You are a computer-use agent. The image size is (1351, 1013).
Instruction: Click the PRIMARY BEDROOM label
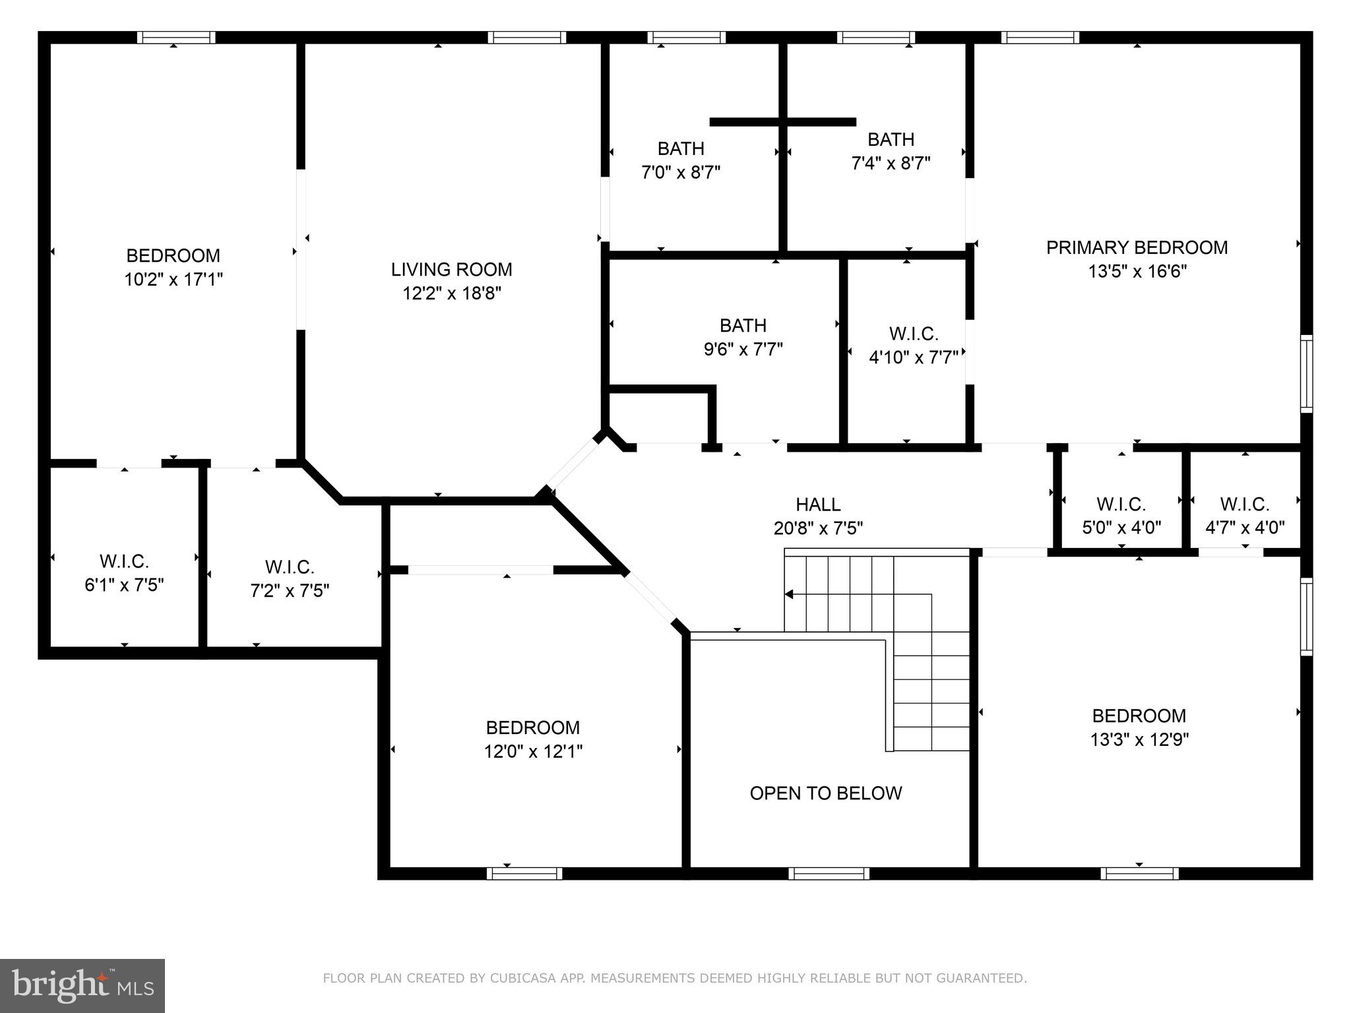1137,248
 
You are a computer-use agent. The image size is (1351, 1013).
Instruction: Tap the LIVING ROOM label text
451,270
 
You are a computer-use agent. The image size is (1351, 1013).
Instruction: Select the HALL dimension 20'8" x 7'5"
818,528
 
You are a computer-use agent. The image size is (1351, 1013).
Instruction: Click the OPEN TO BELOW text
825,793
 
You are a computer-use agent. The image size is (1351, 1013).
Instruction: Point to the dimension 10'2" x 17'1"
173,280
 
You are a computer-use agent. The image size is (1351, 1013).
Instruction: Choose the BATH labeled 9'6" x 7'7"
743,326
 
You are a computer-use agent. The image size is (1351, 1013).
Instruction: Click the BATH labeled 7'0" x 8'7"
681,149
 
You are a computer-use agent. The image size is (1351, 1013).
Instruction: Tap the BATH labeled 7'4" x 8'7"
891,140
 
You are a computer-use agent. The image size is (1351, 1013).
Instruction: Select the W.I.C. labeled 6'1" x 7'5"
124,562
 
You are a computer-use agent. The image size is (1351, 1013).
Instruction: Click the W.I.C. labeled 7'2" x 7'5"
290,567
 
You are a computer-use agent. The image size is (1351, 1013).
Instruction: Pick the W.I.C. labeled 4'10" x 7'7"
914,334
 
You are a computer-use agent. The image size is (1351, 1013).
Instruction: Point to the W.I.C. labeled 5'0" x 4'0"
1121,505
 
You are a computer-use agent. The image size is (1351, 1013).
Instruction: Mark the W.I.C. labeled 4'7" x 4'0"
1245,505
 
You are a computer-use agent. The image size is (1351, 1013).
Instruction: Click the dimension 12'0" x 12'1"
533,751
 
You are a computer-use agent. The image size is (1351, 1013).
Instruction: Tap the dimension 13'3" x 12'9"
1139,739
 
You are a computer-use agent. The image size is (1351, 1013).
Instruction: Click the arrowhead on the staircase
789,594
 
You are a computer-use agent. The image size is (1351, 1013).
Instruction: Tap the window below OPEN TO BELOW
829,873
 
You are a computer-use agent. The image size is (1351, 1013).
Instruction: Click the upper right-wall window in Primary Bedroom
1306,374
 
